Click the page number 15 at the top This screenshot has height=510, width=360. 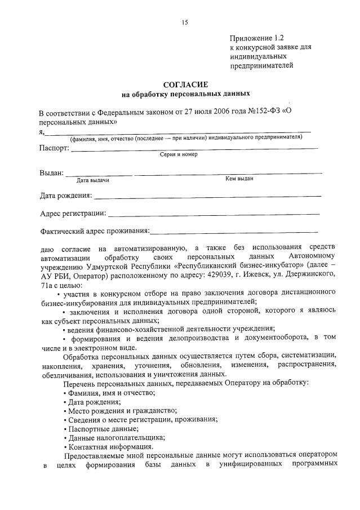coord(184,23)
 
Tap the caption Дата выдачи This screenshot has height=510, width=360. coord(92,180)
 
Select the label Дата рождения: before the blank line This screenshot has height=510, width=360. coord(66,196)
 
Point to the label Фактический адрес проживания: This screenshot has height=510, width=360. coord(95,231)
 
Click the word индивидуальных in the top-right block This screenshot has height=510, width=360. coord(256,56)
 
